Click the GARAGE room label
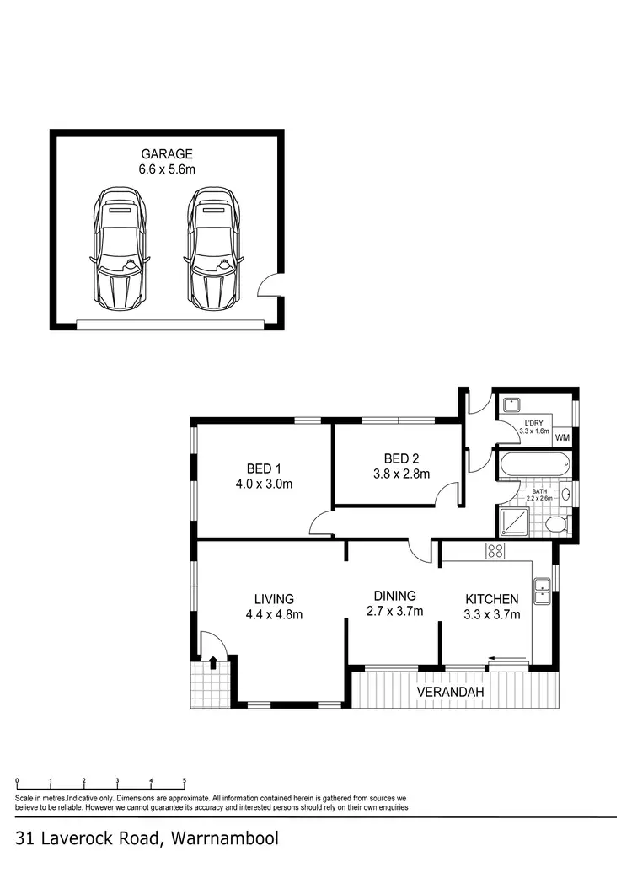(x=166, y=154)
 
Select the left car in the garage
(x=120, y=249)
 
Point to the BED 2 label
(x=401, y=458)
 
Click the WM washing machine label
(x=563, y=437)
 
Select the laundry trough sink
(x=511, y=405)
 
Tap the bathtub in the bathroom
(x=534, y=465)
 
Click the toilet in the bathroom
(x=556, y=525)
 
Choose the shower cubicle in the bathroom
(x=513, y=522)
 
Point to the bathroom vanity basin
(x=566, y=495)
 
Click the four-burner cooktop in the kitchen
(x=495, y=552)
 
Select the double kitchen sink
(x=542, y=589)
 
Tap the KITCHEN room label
(x=492, y=598)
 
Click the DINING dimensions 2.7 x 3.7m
(x=395, y=611)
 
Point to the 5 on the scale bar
(x=184, y=781)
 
